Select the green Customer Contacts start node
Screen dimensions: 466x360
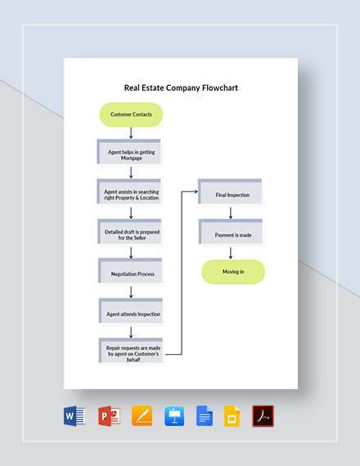click(x=131, y=115)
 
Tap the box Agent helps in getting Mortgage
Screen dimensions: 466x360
click(x=131, y=155)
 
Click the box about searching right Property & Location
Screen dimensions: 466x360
click(x=131, y=194)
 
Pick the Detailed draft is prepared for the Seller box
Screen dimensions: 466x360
click(x=131, y=234)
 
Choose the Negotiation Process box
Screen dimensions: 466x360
click(x=131, y=274)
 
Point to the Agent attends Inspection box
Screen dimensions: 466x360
click(x=131, y=314)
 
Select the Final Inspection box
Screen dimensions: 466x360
click(x=232, y=195)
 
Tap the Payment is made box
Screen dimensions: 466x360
click(x=232, y=235)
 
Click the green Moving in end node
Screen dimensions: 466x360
click(x=233, y=271)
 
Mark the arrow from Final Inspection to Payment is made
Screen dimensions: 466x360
click(x=231, y=213)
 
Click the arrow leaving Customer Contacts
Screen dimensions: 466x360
click(x=131, y=133)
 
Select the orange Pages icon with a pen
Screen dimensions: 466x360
click(x=140, y=416)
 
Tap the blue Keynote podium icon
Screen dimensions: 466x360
click(x=173, y=416)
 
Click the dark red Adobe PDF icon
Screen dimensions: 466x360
click(x=263, y=416)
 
